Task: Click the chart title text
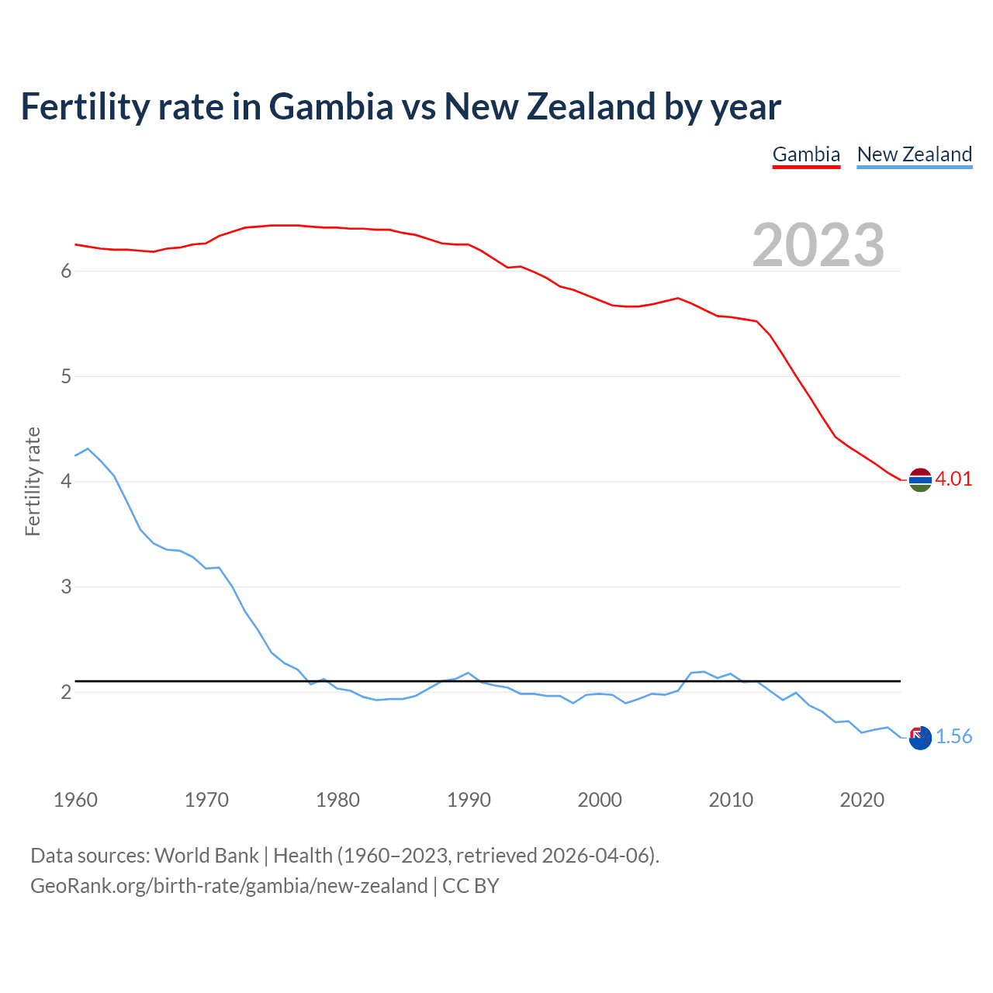click(400, 106)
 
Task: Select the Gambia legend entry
click(806, 154)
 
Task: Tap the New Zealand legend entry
click(914, 154)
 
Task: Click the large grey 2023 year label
click(818, 245)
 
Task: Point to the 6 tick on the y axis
click(66, 272)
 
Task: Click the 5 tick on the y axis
click(66, 377)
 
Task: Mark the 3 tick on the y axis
click(66, 587)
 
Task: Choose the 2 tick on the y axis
click(66, 692)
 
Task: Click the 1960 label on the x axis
click(75, 800)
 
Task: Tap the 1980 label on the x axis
click(337, 800)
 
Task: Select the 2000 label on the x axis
click(600, 800)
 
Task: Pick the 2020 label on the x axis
click(862, 800)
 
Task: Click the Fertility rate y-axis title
click(33, 481)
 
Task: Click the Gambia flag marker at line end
click(920, 480)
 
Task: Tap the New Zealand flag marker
click(920, 738)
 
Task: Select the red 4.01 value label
click(953, 479)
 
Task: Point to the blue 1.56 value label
click(953, 736)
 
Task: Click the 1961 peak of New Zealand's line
click(88, 448)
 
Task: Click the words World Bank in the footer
click(206, 856)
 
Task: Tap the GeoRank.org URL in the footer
click(229, 886)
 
